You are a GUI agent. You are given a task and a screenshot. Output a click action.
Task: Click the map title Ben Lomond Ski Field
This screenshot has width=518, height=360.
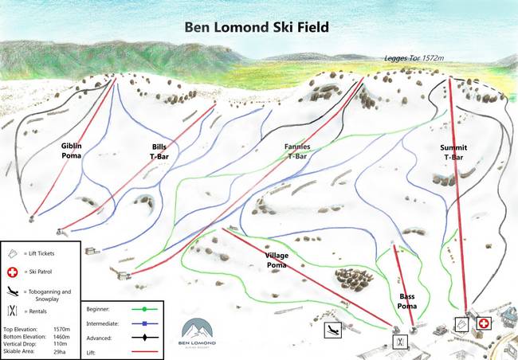[x=257, y=26]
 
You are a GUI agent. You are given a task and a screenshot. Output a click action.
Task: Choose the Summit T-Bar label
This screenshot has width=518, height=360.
[x=453, y=152]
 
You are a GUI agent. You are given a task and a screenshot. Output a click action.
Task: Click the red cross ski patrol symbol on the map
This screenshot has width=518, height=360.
[x=483, y=324]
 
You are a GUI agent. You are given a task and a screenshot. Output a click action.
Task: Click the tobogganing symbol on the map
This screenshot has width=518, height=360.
[x=332, y=328]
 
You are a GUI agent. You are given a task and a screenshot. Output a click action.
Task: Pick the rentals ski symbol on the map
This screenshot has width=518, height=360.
[x=399, y=342]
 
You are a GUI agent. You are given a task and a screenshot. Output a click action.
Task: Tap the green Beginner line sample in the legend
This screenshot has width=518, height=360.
[x=143, y=308]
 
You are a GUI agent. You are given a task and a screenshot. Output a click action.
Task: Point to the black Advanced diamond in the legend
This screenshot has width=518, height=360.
[x=143, y=338]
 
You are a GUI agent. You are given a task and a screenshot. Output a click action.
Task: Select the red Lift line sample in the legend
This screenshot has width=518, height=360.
[x=143, y=351]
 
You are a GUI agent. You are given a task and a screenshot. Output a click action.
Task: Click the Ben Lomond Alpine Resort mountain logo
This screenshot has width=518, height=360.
[x=197, y=330]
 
